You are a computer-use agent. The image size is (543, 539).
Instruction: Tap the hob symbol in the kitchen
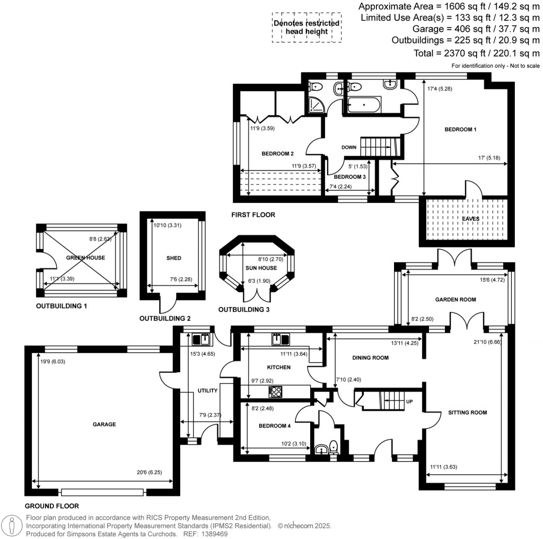click(x=276, y=391)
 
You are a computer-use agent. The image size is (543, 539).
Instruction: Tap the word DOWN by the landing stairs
click(x=349, y=148)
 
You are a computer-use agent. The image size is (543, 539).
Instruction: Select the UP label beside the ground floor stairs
click(x=408, y=401)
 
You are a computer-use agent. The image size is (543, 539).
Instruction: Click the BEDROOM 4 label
click(x=275, y=426)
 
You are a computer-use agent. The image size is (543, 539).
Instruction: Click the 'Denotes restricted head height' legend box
click(x=306, y=28)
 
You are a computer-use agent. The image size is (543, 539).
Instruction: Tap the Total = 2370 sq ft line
click(x=476, y=53)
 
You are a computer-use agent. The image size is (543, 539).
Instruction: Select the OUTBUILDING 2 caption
click(x=164, y=319)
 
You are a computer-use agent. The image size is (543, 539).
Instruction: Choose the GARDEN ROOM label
click(x=456, y=300)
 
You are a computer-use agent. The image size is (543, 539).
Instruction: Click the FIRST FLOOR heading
click(x=253, y=215)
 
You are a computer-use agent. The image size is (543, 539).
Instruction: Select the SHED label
click(x=174, y=258)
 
